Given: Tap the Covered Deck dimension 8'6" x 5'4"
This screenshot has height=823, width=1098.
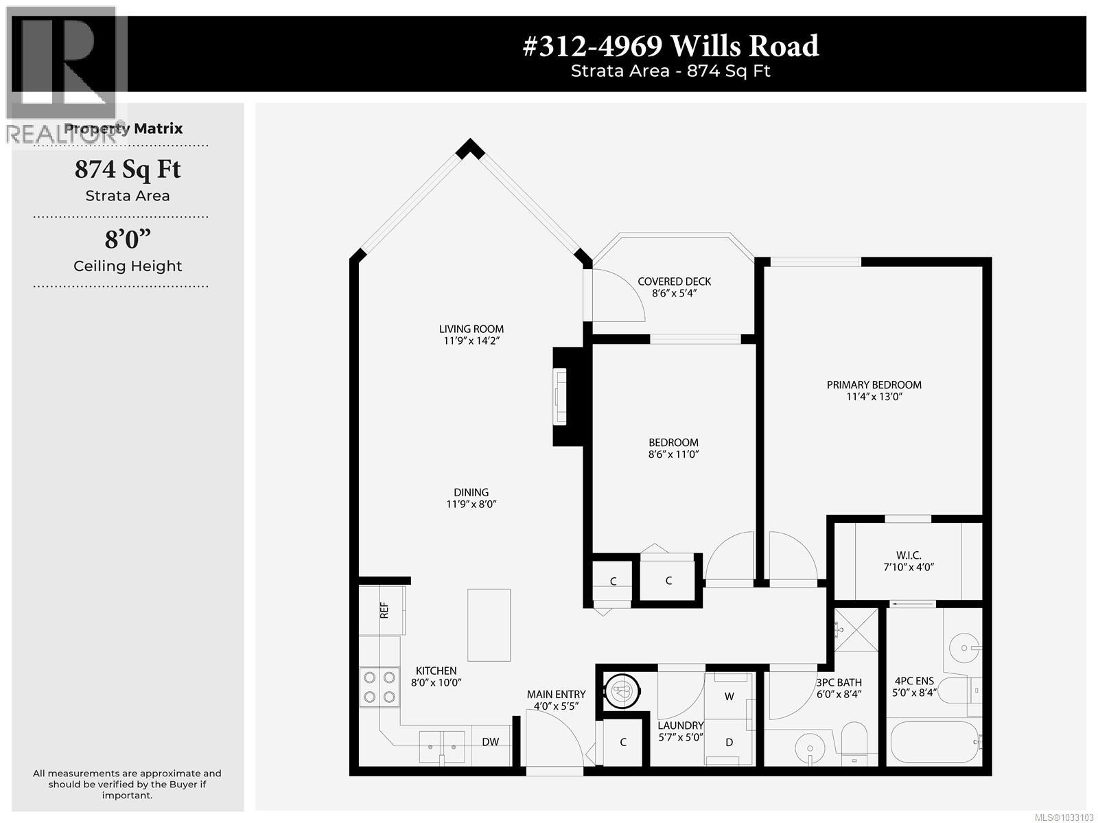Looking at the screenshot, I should click(674, 293).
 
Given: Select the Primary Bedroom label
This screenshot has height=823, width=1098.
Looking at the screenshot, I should click(874, 384).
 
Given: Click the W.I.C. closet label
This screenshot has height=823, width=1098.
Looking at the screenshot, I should click(908, 555).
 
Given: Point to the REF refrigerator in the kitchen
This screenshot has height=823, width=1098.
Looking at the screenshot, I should click(384, 610).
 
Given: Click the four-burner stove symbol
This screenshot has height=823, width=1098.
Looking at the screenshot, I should click(379, 687).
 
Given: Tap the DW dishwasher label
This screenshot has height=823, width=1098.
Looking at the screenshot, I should click(490, 741).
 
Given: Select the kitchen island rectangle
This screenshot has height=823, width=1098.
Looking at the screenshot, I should click(489, 625).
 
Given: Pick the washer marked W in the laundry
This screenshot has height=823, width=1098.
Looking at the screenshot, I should click(729, 696).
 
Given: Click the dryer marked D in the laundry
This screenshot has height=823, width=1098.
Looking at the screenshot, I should click(729, 742).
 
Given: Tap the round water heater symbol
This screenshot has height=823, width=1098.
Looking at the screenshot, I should click(622, 691).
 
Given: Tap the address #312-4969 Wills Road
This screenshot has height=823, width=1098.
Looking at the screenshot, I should click(670, 46).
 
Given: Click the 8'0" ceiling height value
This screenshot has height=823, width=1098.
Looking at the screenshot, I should click(128, 240).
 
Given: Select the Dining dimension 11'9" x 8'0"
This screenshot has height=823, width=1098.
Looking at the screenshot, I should click(471, 504).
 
